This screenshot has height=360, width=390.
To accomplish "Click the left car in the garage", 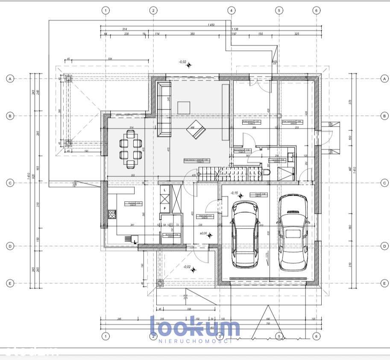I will (244, 234).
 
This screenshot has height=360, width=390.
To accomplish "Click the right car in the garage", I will (293, 233).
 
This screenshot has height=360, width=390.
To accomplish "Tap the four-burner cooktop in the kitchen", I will (112, 214).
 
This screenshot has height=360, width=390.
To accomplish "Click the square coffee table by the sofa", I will (184, 108).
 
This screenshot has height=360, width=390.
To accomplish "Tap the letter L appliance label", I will (164, 189).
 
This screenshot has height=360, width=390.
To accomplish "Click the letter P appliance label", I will (164, 208).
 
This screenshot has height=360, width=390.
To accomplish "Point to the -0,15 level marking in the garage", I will (234, 193).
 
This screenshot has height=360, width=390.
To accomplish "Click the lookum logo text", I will (194, 327).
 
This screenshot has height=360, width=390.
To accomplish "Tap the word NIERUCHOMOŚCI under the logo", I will (194, 341).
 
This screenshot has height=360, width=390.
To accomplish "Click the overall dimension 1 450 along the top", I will (211, 25).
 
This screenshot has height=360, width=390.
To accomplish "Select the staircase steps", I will (226, 173).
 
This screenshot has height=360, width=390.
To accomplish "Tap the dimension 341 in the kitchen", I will (121, 225).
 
